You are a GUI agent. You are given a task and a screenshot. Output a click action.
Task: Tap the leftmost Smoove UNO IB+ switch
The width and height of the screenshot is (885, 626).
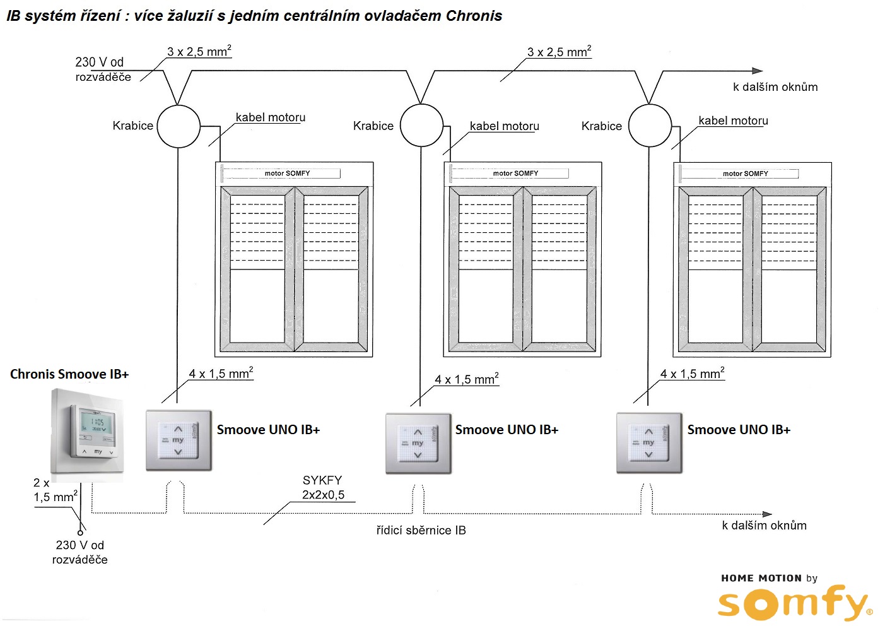tap(179, 440)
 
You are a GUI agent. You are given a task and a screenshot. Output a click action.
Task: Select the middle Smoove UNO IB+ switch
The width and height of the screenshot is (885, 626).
tap(418, 443)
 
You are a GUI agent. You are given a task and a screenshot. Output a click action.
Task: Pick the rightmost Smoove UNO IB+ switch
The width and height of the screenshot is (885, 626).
tap(649, 442)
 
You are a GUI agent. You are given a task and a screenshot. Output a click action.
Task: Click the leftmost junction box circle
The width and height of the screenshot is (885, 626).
tap(179, 126)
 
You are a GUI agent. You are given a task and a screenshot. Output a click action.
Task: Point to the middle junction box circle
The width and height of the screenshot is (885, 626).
tap(422, 125)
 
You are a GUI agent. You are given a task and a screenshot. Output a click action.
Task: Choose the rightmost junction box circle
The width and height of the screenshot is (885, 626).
tap(650, 126)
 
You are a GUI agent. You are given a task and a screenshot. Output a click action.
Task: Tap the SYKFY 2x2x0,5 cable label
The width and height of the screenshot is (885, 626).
tap(323, 488)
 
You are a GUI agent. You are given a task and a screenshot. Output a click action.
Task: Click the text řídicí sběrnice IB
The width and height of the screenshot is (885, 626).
tap(421, 531)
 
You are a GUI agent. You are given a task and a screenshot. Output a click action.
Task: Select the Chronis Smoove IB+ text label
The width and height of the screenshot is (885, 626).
tap(69, 374)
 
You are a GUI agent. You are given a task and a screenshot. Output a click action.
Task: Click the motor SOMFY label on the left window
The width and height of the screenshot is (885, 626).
tap(287, 173)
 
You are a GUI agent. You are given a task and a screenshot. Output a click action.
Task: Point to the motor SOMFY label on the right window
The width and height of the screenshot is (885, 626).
tap(745, 174)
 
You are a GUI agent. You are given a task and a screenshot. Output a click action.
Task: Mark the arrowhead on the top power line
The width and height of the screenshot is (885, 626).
tap(758, 71)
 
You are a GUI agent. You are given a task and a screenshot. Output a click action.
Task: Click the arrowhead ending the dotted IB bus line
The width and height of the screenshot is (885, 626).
tap(767, 514)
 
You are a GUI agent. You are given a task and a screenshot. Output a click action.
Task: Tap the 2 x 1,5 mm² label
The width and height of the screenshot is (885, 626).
tap(55, 490)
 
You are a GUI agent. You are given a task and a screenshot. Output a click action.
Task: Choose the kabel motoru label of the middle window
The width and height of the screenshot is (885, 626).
tap(504, 126)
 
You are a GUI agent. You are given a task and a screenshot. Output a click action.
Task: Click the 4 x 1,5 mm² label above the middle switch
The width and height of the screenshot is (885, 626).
tap(466, 379)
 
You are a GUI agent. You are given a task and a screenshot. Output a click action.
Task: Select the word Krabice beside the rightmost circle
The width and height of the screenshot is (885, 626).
tap(601, 126)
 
